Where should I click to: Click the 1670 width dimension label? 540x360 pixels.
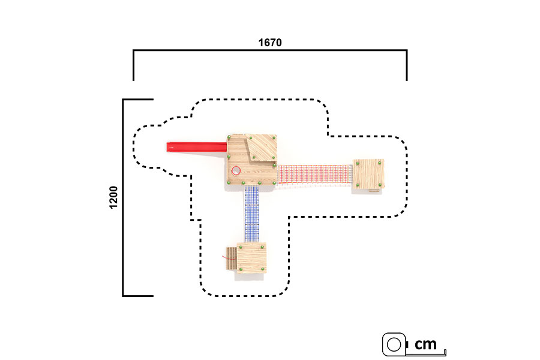pyautogui.click(x=270, y=43)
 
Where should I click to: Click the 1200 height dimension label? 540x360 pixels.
pyautogui.click(x=113, y=197)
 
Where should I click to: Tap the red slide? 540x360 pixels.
pyautogui.click(x=197, y=147)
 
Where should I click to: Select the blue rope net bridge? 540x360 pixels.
pyautogui.click(x=251, y=214)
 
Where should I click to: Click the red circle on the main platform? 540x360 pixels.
pyautogui.click(x=236, y=170)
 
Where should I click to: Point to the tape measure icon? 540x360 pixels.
pyautogui.click(x=394, y=344)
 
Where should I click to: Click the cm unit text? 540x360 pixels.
pyautogui.click(x=425, y=344)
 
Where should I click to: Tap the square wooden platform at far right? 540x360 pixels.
pyautogui.click(x=368, y=174)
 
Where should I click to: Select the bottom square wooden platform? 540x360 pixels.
pyautogui.click(x=251, y=257)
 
